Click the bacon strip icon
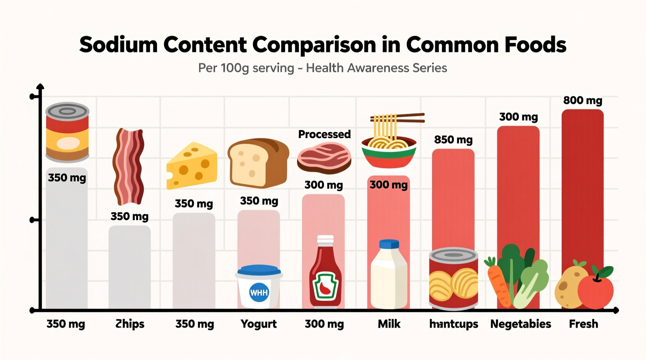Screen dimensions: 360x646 pos(129,167)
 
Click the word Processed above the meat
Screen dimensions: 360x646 pos(324,134)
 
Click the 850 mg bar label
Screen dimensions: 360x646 pos(453,140)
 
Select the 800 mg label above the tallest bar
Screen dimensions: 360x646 pos(582,100)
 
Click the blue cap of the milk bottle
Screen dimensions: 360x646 pos(389,244)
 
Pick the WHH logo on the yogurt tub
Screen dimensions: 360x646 pos(259,292)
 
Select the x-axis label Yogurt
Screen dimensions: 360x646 pos(259,324)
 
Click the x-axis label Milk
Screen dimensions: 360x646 pos(389,324)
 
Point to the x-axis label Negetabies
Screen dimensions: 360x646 pos(520,324)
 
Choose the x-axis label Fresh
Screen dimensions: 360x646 pos(583,324)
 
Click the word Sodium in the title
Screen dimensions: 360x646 pos(118,45)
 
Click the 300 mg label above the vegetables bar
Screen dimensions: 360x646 pos(518,117)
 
